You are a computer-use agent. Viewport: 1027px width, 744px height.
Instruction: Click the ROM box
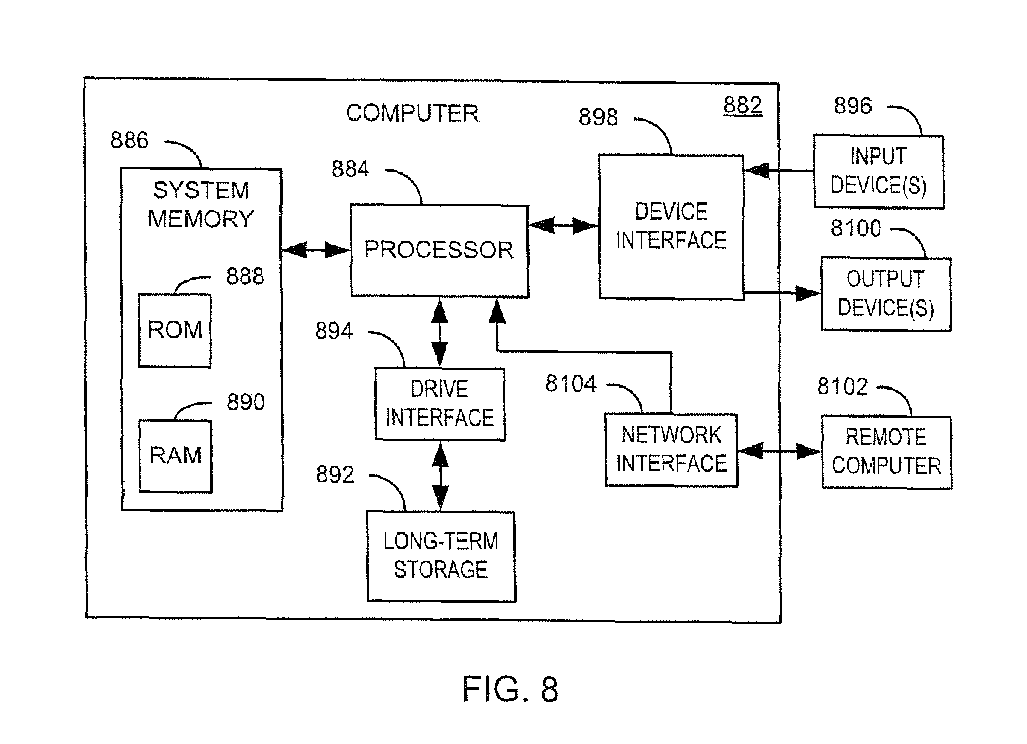pyautogui.click(x=175, y=330)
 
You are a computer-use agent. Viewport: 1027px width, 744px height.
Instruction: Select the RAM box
pyautogui.click(x=175, y=456)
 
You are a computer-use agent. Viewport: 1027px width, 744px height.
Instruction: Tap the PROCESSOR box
pyautogui.click(x=440, y=251)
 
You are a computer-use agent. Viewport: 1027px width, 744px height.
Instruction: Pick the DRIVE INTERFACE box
pyautogui.click(x=440, y=404)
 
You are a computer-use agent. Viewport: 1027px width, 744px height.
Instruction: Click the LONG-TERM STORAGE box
pyautogui.click(x=441, y=556)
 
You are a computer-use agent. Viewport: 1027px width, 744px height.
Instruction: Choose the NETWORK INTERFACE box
pyautogui.click(x=671, y=450)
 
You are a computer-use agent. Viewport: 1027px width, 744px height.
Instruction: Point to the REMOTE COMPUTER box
pyautogui.click(x=886, y=452)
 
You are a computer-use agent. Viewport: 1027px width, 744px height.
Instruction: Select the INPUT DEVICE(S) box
pyautogui.click(x=878, y=171)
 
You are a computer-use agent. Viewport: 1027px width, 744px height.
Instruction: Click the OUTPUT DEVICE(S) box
pyautogui.click(x=886, y=294)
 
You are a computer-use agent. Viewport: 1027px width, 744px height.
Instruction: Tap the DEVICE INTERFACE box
pyautogui.click(x=671, y=226)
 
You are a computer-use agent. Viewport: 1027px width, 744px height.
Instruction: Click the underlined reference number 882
pyautogui.click(x=742, y=105)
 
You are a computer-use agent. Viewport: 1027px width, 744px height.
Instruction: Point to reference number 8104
pyautogui.click(x=571, y=384)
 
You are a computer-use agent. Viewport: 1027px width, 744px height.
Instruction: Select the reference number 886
pyautogui.click(x=130, y=140)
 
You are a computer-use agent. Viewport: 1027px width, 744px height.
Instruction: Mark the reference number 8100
pyautogui.click(x=856, y=228)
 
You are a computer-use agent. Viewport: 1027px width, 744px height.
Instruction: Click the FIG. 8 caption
pyautogui.click(x=510, y=690)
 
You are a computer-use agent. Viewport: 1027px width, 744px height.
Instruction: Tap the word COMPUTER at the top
pyautogui.click(x=412, y=113)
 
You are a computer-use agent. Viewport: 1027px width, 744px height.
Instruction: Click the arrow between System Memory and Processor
pyautogui.click(x=316, y=250)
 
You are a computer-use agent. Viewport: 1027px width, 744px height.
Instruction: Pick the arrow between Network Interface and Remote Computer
pyautogui.click(x=779, y=451)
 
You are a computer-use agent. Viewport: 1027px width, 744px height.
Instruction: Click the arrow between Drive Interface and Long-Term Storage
pyautogui.click(x=440, y=476)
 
